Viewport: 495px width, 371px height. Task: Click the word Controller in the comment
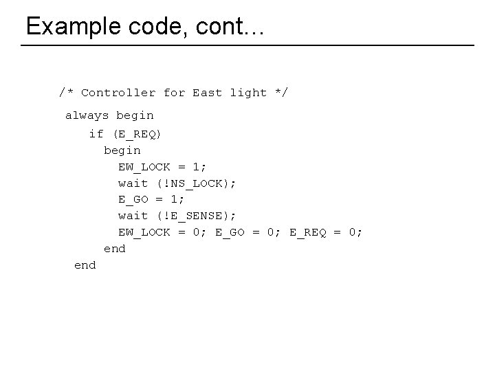pos(118,92)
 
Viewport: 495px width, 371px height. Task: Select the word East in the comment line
pos(207,92)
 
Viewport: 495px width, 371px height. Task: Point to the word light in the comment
pos(248,92)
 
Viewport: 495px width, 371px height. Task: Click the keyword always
pos(87,115)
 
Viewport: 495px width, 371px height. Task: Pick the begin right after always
pos(135,115)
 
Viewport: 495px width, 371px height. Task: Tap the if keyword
pos(96,133)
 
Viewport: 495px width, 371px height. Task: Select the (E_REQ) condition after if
pos(137,133)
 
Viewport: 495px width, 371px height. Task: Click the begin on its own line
pos(122,150)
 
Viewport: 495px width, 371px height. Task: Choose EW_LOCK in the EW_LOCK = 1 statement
pos(144,166)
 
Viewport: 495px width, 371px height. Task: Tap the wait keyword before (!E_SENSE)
pos(133,216)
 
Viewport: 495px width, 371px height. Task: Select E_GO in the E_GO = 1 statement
pos(133,199)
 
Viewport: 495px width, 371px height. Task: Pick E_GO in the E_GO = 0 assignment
pos(230,232)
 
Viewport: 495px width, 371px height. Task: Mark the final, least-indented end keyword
pos(85,265)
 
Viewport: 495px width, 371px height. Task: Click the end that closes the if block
pos(114,249)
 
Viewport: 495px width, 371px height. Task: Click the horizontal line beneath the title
pos(247,45)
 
